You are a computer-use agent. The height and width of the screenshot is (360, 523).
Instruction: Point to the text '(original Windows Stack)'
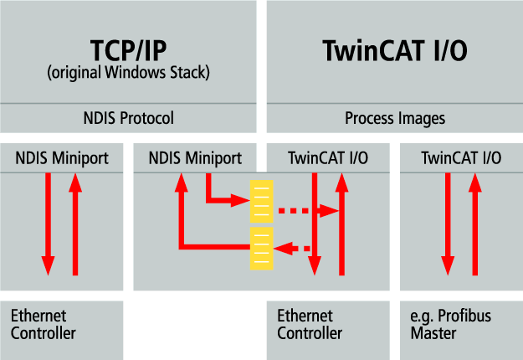pos(128,73)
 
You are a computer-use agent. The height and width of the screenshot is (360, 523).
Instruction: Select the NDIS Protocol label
pos(127,118)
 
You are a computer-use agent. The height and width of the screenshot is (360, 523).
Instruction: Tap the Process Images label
pos(394,118)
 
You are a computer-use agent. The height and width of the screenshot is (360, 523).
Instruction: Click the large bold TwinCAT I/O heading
pos(394,51)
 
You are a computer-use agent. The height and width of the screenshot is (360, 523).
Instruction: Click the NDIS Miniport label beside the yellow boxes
pos(194,157)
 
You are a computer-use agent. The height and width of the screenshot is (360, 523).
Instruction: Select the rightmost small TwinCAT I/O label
pos(461,157)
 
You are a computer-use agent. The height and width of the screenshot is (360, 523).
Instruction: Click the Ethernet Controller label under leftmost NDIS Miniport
pos(44,325)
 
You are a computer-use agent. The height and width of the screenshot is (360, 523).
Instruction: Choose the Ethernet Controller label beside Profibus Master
pos(310,325)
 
